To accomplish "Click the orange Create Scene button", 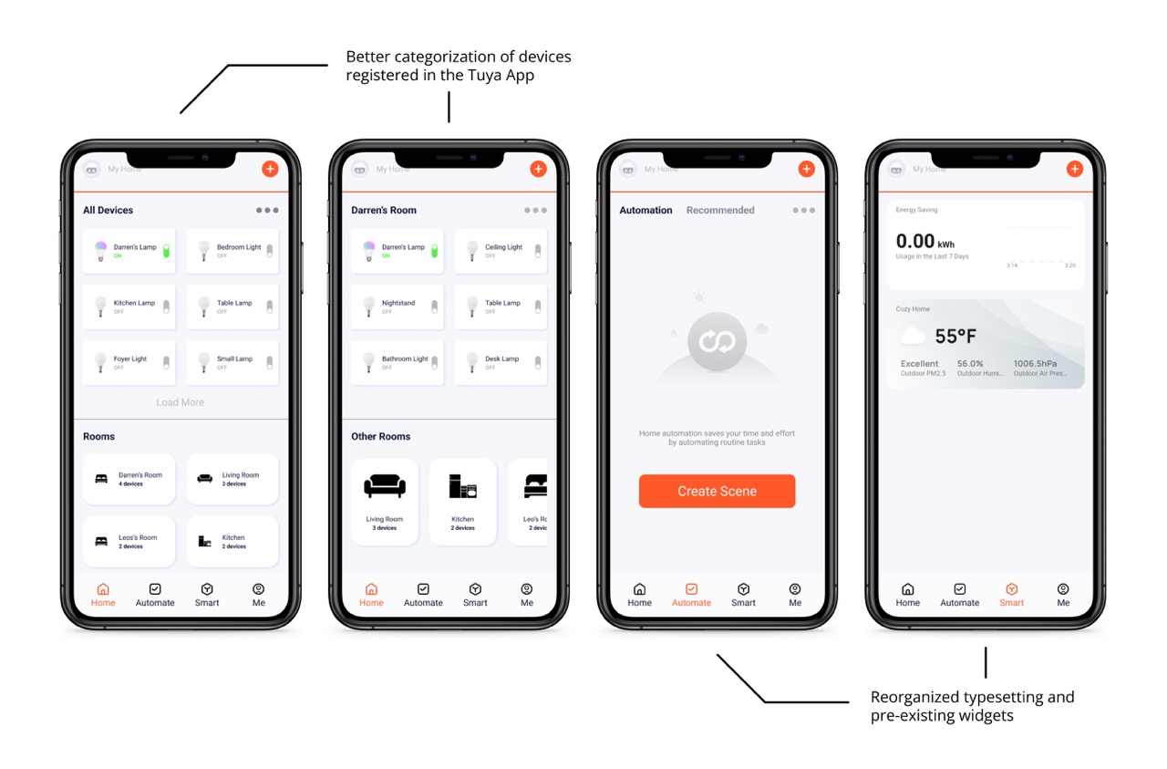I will pyautogui.click(x=717, y=491).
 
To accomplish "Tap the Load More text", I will pyautogui.click(x=180, y=402).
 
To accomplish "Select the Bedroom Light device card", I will pyautogui.click(x=232, y=251).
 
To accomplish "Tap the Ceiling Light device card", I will pyautogui.click(x=501, y=251).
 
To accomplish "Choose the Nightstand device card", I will pyautogui.click(x=397, y=307).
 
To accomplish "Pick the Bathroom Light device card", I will pyautogui.click(x=397, y=362).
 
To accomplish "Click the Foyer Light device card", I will pyautogui.click(x=129, y=362).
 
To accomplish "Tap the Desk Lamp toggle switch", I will pyautogui.click(x=538, y=362).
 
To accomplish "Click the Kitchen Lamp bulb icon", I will pyautogui.click(x=100, y=307).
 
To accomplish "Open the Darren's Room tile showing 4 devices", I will pyautogui.click(x=129, y=479).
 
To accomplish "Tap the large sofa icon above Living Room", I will pyautogui.click(x=385, y=486).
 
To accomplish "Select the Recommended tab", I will pyautogui.click(x=720, y=210).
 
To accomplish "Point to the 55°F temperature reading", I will pyautogui.click(x=955, y=337).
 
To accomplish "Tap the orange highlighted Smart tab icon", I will pyautogui.click(x=1011, y=589).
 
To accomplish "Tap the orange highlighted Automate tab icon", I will pyautogui.click(x=691, y=589).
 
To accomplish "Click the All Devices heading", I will pyautogui.click(x=108, y=210).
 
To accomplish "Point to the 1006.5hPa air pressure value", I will pyautogui.click(x=1035, y=363).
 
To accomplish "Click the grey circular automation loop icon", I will pyautogui.click(x=717, y=342).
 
